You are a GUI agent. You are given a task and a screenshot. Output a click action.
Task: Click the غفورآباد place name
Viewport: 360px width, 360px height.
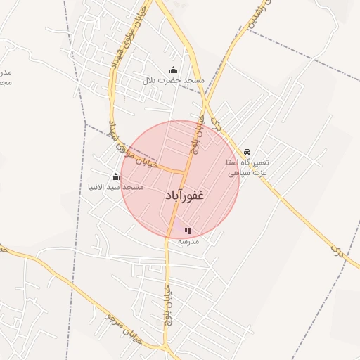point(185,195)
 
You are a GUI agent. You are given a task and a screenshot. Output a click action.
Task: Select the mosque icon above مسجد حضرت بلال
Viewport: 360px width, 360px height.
point(173,70)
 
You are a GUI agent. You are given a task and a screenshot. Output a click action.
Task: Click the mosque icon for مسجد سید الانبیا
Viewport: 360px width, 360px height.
point(115,176)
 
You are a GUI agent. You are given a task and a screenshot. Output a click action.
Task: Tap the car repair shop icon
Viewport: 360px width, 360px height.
point(247,152)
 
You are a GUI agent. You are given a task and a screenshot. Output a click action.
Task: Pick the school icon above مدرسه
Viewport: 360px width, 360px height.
point(188,230)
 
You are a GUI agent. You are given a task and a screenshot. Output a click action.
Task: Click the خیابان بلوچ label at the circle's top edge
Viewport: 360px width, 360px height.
point(196,133)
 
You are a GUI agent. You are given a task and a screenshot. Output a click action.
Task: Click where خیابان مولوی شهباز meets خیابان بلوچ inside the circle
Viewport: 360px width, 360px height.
point(185,172)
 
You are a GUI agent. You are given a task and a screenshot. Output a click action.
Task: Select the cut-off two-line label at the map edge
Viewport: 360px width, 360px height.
point(6,77)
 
